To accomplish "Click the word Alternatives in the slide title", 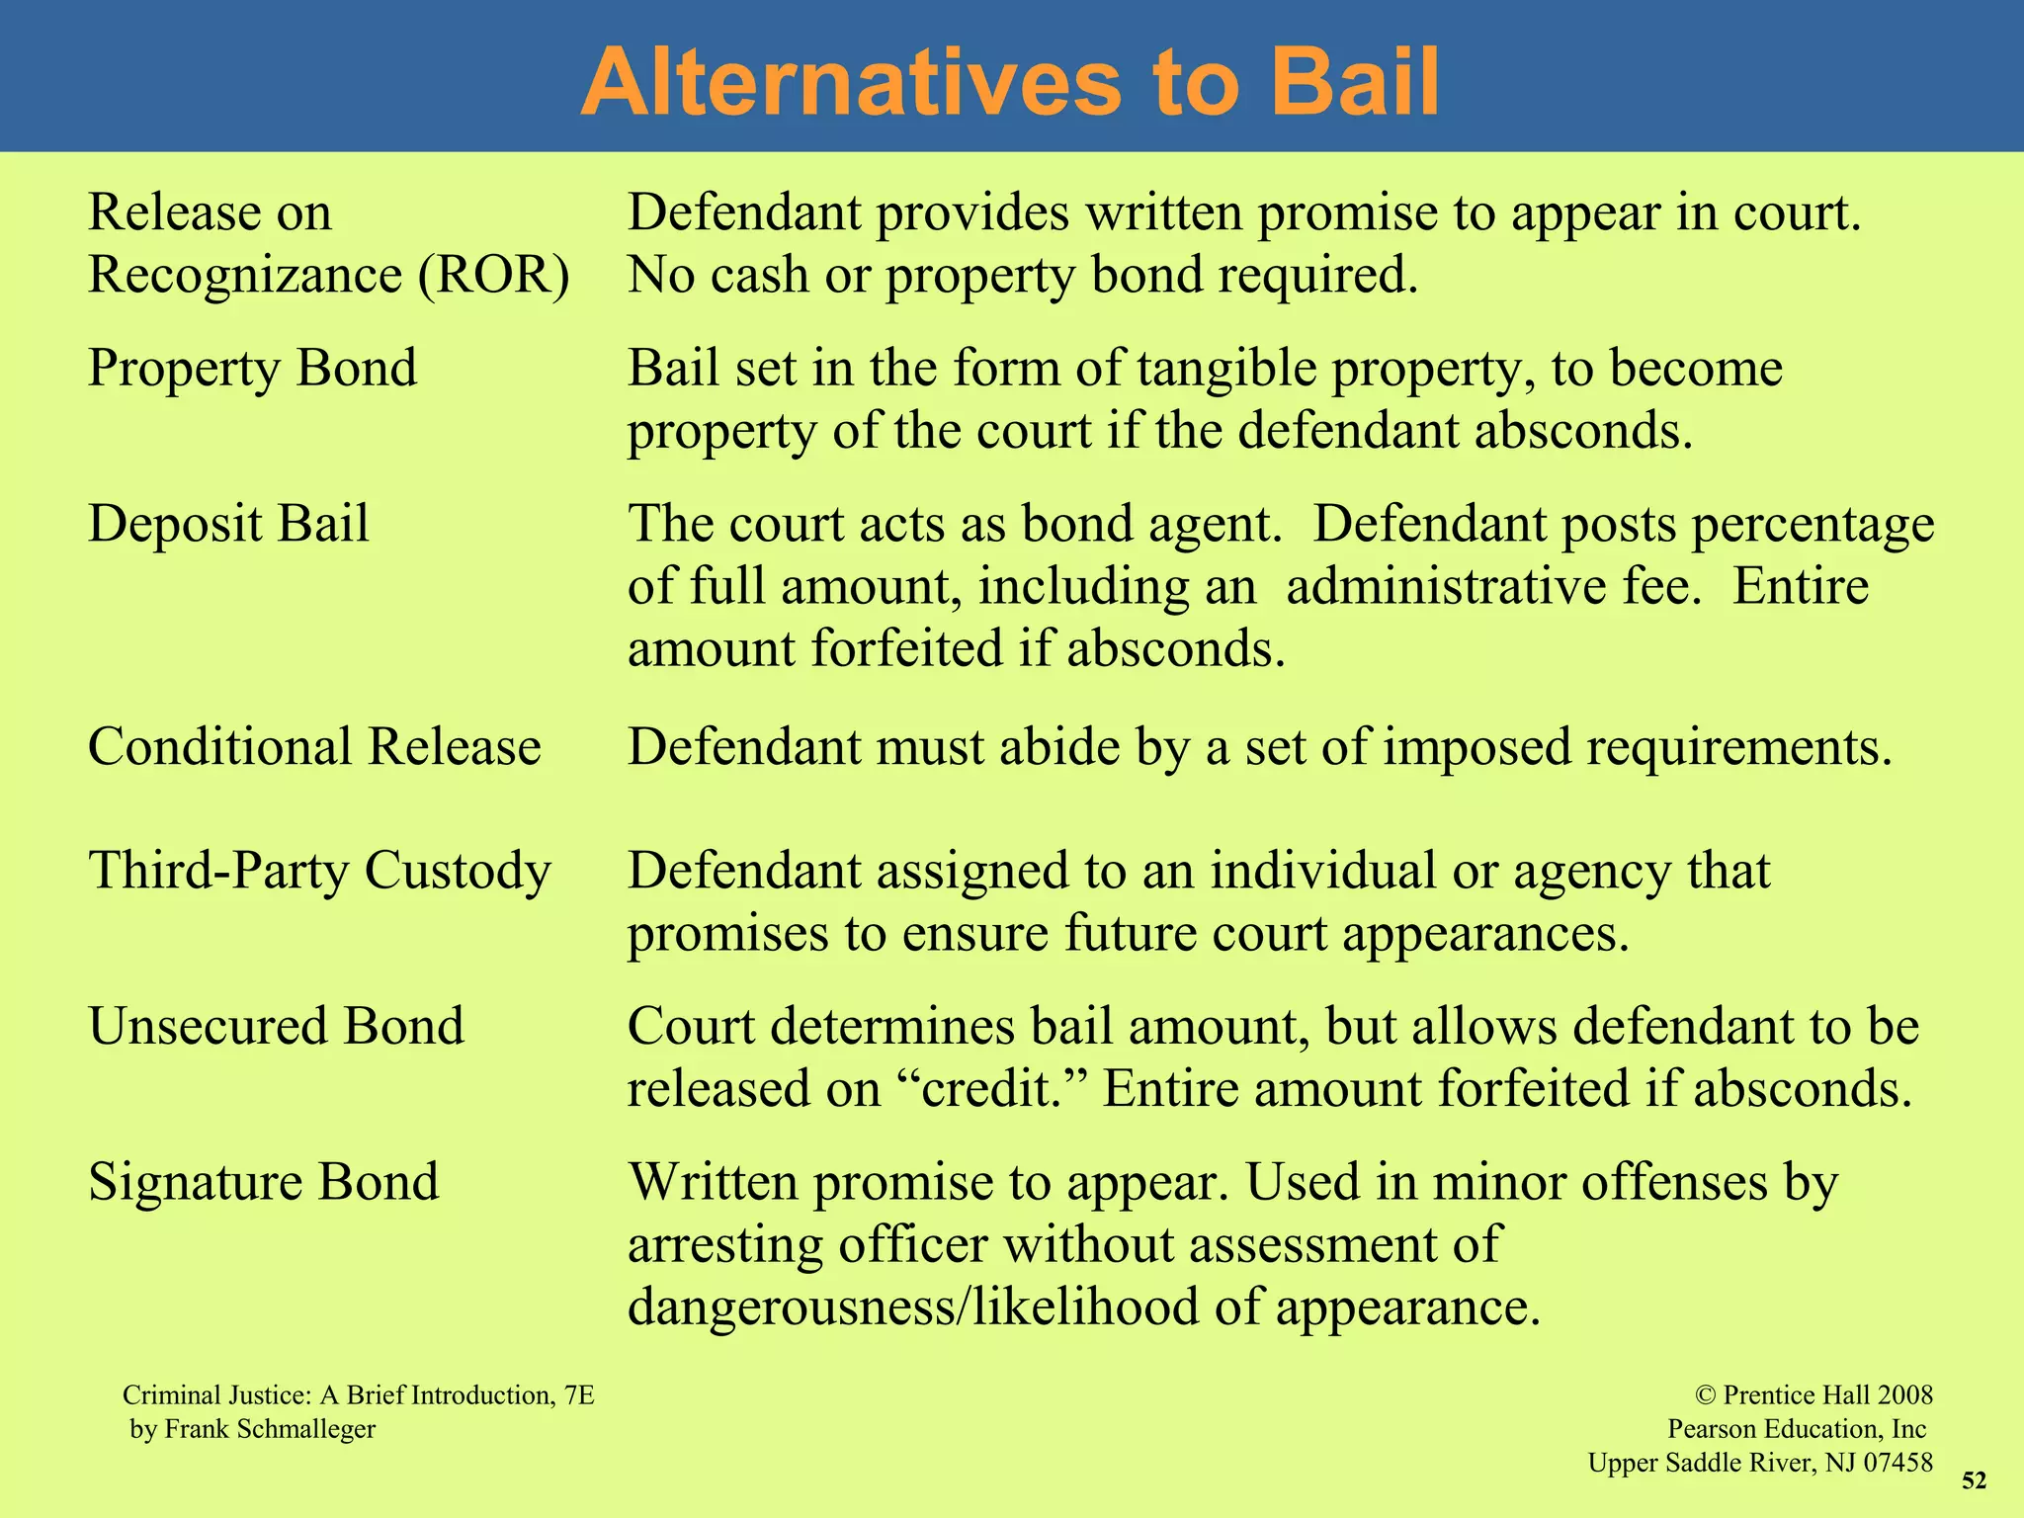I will pos(851,83).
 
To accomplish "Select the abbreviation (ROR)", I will pos(493,275).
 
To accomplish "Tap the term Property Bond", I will pos(252,369).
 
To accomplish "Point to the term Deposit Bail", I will pos(228,523).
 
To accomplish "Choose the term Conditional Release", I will pos(314,746).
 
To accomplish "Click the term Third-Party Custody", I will pos(319,872).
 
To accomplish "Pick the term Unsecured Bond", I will pos(276,1026).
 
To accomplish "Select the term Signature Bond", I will pos(263,1181).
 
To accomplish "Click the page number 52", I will pos(1974,1480).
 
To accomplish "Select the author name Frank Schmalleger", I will pos(270,1429).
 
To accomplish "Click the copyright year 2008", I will pos(1904,1394).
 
